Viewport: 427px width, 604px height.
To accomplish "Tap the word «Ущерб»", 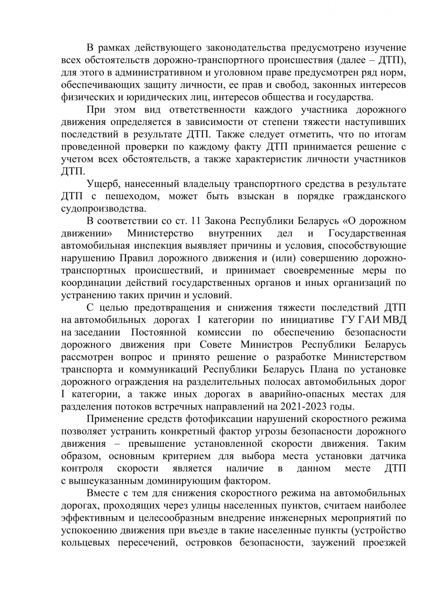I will pyautogui.click(x=102, y=183).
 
